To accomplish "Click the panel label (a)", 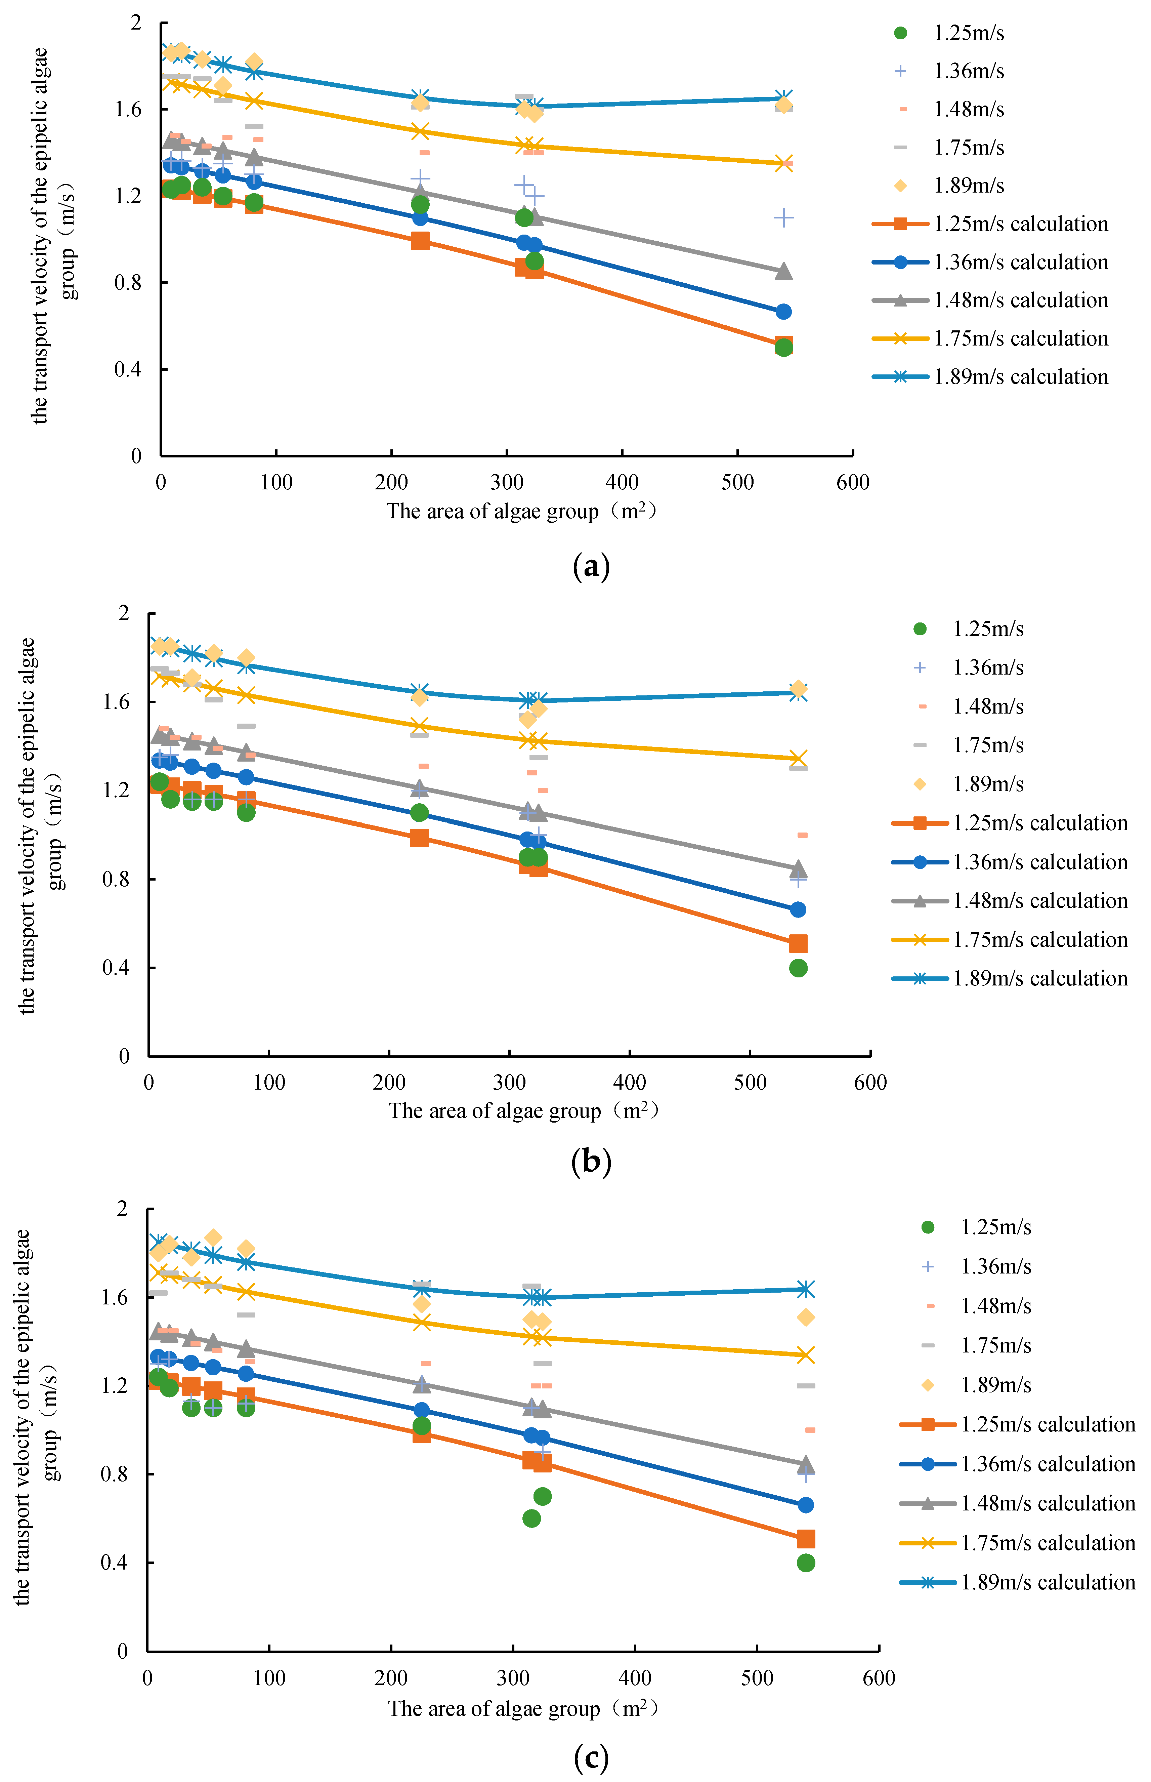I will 590,567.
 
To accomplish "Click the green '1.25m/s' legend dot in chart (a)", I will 901,33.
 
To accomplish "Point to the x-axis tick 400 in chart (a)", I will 622,482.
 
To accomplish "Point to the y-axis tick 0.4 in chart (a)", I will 129,369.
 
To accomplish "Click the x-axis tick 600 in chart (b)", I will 870,1082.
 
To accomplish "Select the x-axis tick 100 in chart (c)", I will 269,1678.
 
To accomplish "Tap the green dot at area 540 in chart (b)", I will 798,968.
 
